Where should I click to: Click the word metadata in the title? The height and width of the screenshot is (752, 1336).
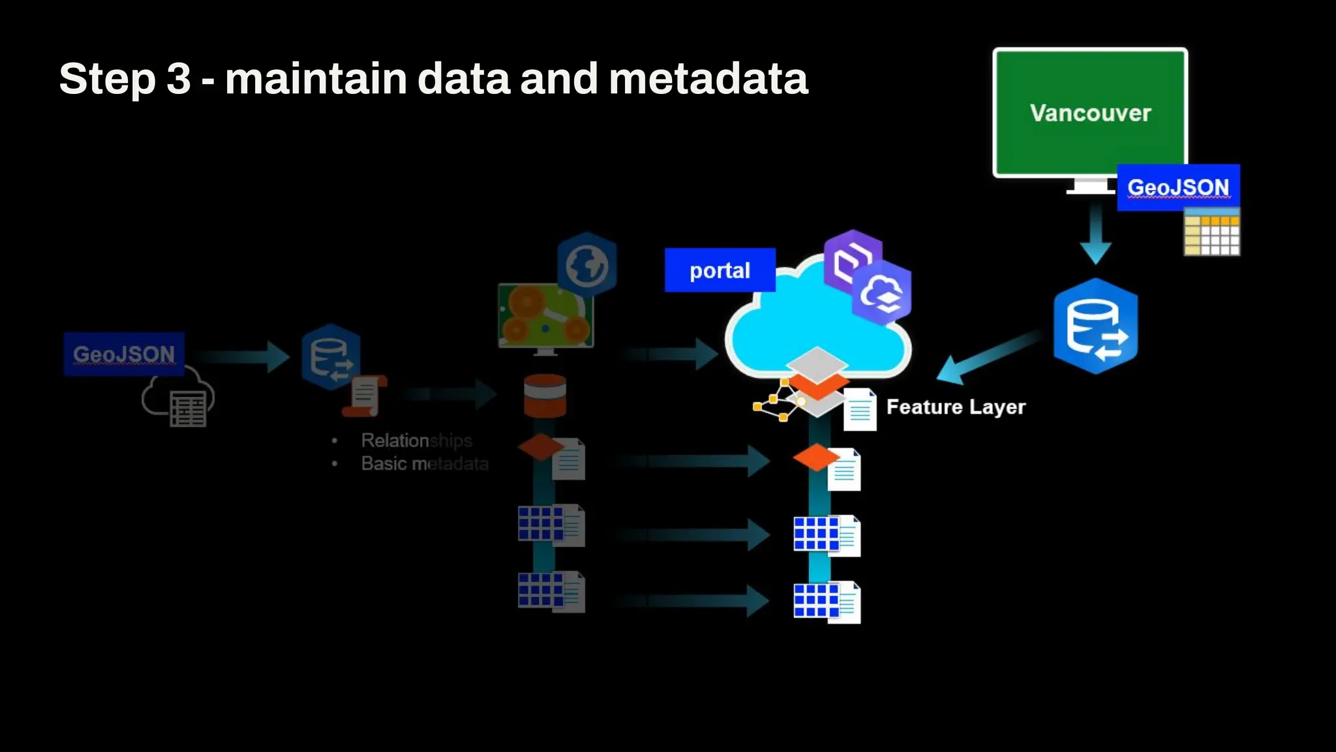[708, 79]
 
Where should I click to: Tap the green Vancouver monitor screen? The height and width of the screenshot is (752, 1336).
[1090, 112]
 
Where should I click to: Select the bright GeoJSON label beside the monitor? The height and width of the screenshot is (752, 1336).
[1178, 187]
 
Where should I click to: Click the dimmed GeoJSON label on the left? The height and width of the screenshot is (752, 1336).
[124, 354]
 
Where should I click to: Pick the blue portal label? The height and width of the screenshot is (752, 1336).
[720, 270]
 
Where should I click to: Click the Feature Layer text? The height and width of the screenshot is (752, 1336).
[956, 407]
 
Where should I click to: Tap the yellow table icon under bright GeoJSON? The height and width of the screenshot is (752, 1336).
[1212, 232]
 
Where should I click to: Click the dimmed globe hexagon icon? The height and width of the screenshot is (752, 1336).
[587, 264]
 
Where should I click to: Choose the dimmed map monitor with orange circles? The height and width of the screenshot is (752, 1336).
[545, 316]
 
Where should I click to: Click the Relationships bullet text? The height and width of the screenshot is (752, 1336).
[416, 441]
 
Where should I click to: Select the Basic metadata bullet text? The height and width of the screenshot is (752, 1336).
[425, 463]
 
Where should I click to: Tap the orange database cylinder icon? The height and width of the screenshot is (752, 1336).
[545, 396]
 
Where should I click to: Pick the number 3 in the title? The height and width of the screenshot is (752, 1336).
[178, 79]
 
